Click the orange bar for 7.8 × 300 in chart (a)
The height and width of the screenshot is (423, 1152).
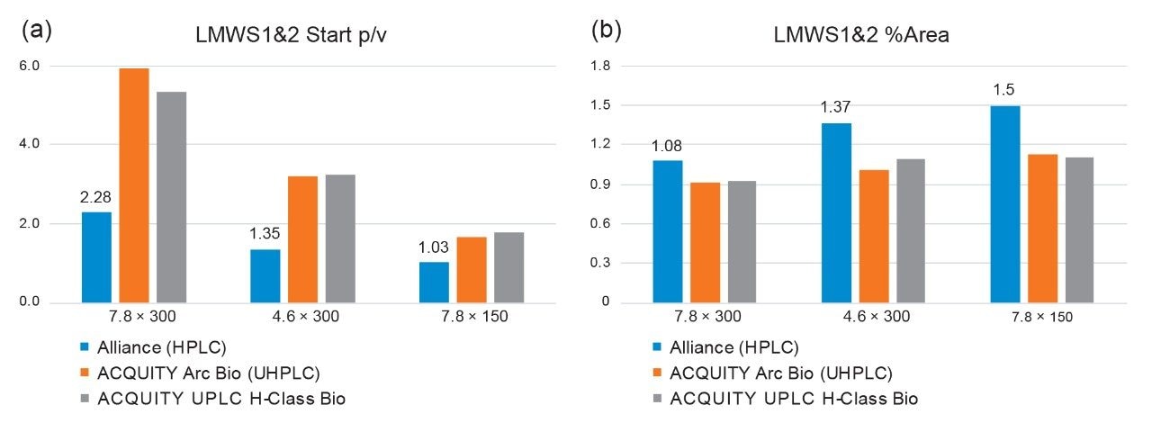(134, 185)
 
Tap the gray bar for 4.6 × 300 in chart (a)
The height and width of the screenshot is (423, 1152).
(340, 238)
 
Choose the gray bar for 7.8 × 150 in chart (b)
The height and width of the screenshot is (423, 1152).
(1081, 230)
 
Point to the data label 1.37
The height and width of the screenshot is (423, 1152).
(835, 107)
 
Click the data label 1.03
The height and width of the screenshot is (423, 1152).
(433, 246)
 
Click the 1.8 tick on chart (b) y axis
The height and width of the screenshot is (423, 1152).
(601, 66)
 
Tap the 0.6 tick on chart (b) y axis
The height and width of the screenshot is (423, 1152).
(601, 224)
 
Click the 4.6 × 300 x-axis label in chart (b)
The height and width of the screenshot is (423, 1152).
(874, 317)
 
